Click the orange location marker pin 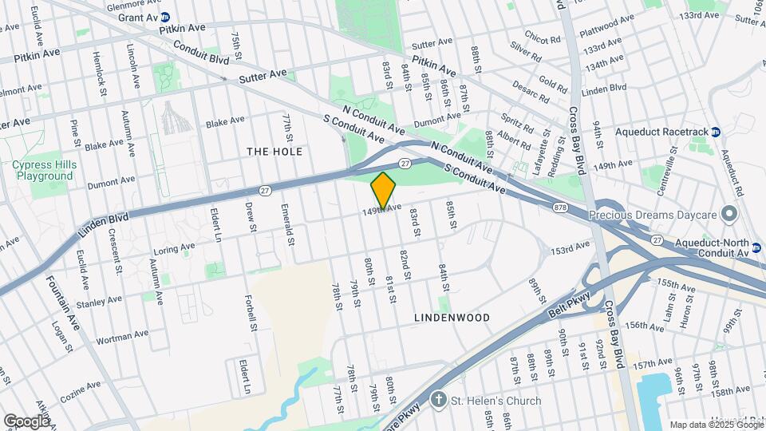click(383, 191)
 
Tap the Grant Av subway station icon click(164, 16)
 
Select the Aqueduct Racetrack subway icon click(716, 132)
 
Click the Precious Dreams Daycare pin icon click(728, 214)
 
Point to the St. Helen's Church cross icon click(438, 401)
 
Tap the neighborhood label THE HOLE click(274, 151)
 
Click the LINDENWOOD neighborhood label click(452, 317)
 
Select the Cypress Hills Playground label click(42, 170)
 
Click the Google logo click(26, 421)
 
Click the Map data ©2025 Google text click(716, 424)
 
